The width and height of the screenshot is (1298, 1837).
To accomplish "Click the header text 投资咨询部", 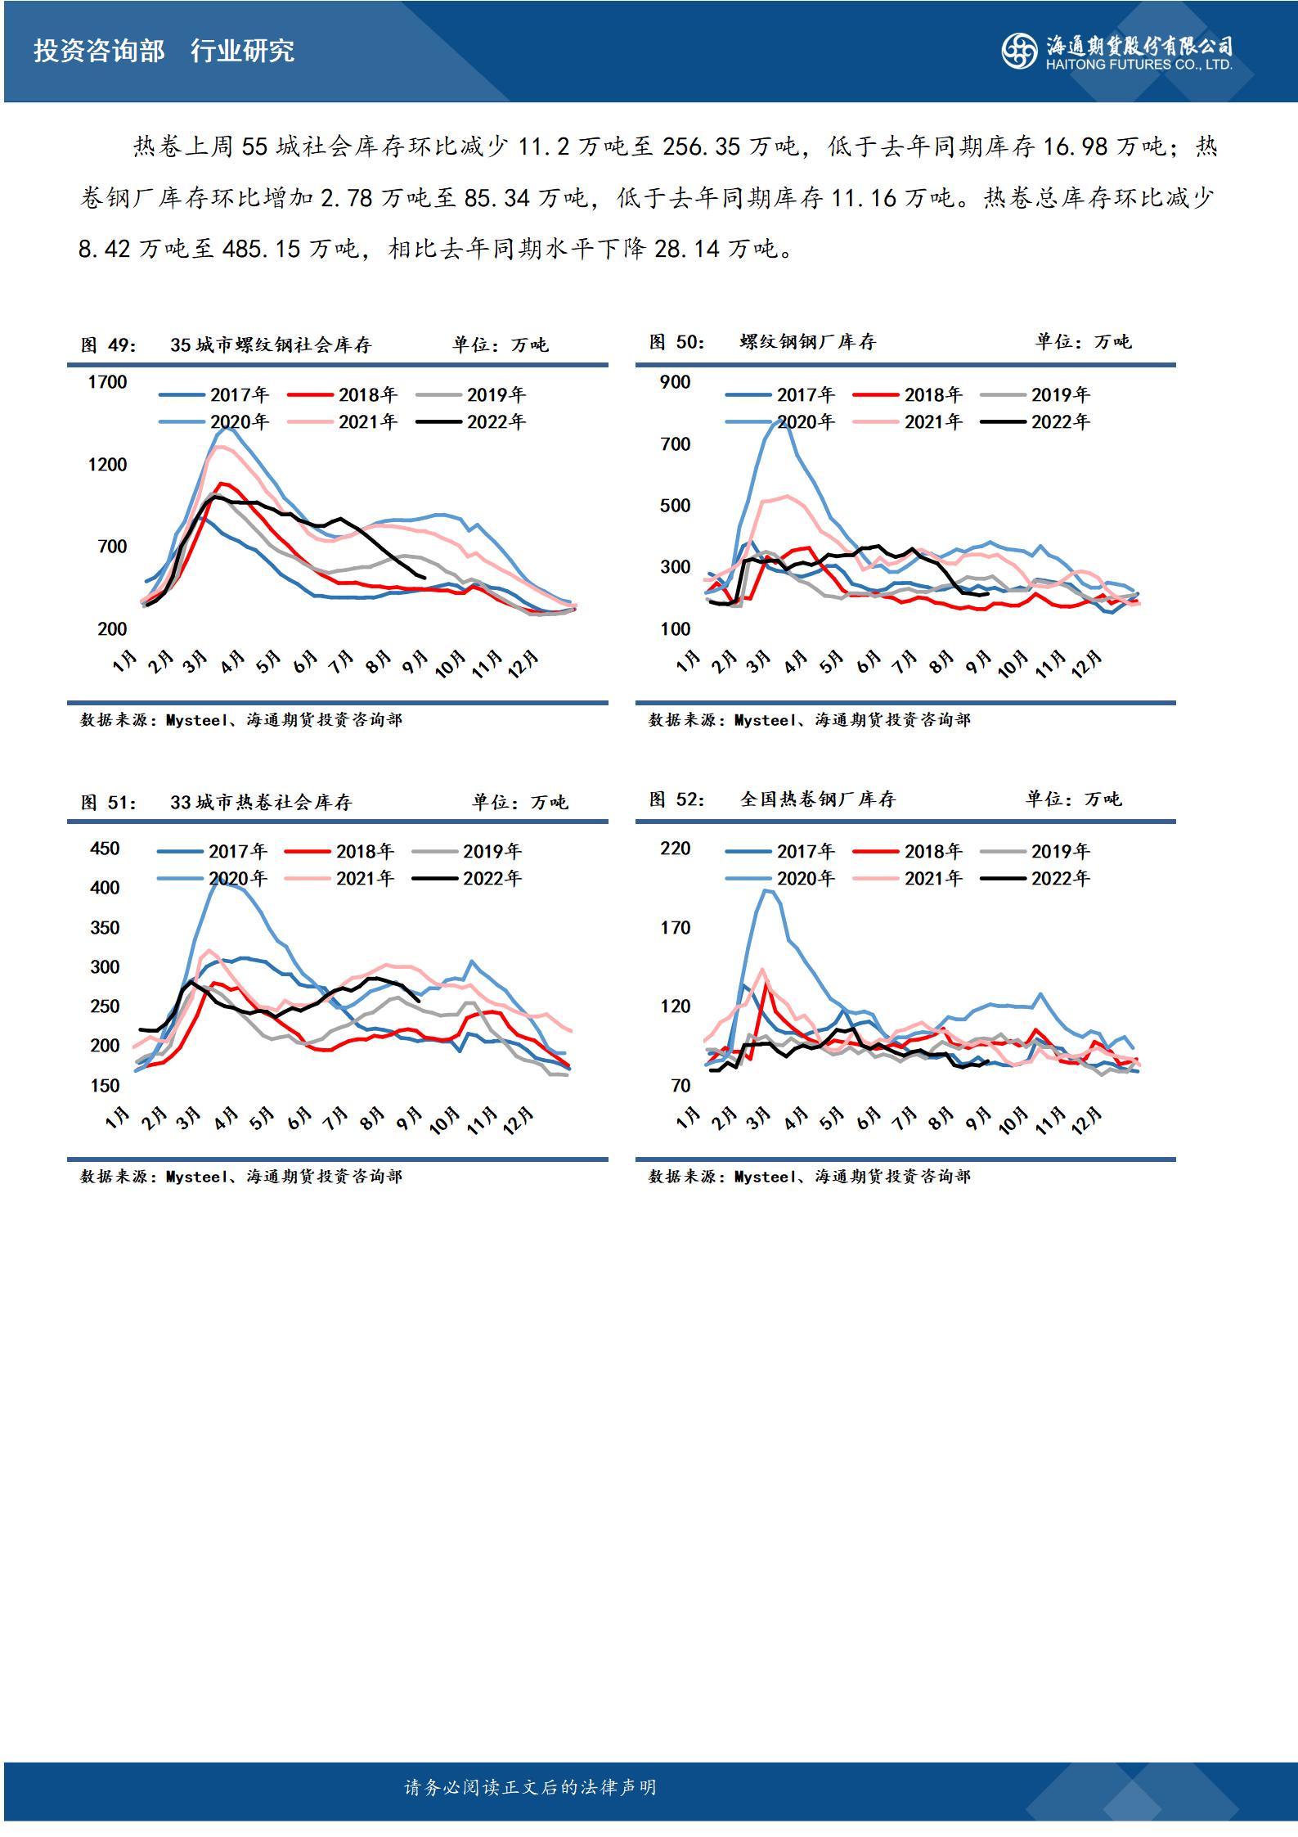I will coord(99,52).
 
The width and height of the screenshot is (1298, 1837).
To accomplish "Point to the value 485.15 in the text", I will coord(261,248).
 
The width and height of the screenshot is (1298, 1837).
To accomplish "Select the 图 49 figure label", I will coord(107,344).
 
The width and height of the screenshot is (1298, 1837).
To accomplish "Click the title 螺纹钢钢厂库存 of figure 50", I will coord(806,342).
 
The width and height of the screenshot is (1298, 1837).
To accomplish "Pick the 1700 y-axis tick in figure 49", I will coord(108,381).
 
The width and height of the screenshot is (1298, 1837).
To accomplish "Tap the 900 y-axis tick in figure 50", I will coord(675,381).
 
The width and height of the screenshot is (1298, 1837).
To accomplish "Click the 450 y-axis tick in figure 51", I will coord(105,848).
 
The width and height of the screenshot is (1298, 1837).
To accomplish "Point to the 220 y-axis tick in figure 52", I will coord(675,848).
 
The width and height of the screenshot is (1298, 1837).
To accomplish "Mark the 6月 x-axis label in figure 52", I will coord(869,1118).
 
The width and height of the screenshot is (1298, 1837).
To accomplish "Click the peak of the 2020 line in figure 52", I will coord(766,889).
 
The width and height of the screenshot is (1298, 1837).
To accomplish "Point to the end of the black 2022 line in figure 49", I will coord(424,578).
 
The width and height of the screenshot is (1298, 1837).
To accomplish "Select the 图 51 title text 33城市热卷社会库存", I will coord(261,802).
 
